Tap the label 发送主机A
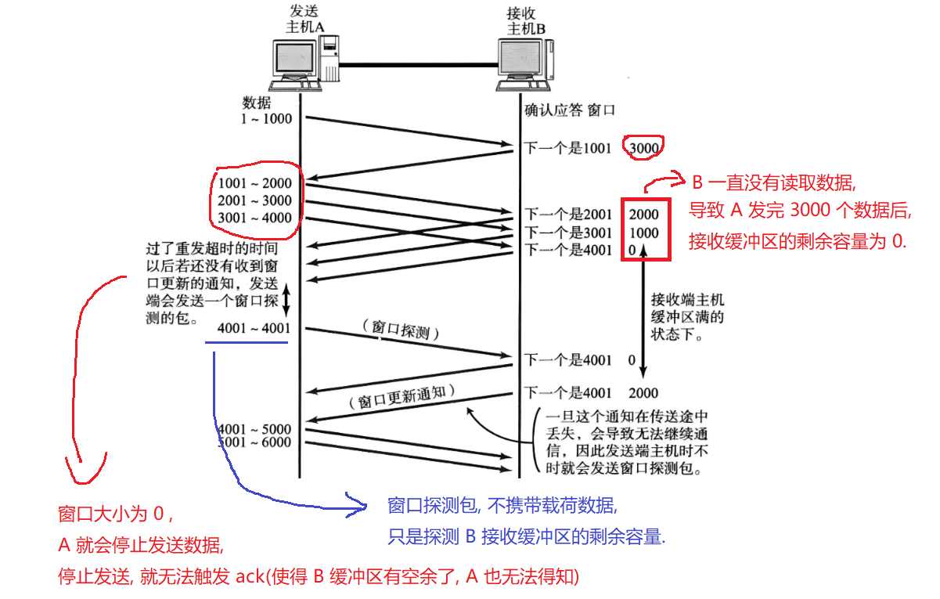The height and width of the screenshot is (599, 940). (304, 19)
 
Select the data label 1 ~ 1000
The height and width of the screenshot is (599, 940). (266, 119)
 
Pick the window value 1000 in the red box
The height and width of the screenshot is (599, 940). (643, 233)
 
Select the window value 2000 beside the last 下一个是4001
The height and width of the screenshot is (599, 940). (643, 393)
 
